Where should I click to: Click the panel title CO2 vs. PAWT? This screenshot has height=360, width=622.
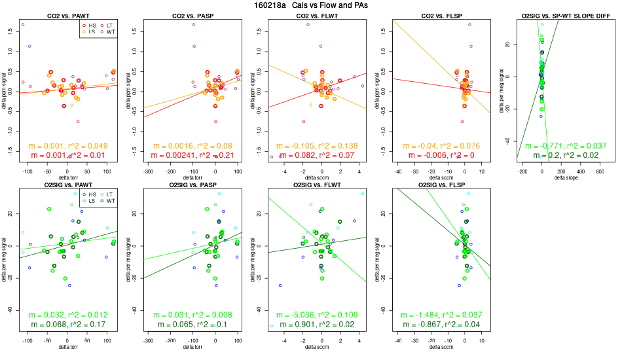pos(68,15)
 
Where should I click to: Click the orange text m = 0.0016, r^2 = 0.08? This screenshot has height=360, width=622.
pos(192,145)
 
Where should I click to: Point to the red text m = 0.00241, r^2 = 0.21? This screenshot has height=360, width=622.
pos(192,155)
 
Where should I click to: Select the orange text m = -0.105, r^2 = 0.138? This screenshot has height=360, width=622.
pos(317,145)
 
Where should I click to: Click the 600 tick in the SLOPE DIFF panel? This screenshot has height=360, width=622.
pos(600,171)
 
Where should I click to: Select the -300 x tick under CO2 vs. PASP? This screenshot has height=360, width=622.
pos(149,171)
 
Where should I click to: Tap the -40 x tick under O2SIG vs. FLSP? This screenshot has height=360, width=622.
pos(398,341)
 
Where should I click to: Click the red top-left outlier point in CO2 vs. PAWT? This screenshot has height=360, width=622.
pos(22,24)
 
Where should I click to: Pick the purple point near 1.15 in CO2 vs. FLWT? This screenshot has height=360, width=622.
pos(321,46)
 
